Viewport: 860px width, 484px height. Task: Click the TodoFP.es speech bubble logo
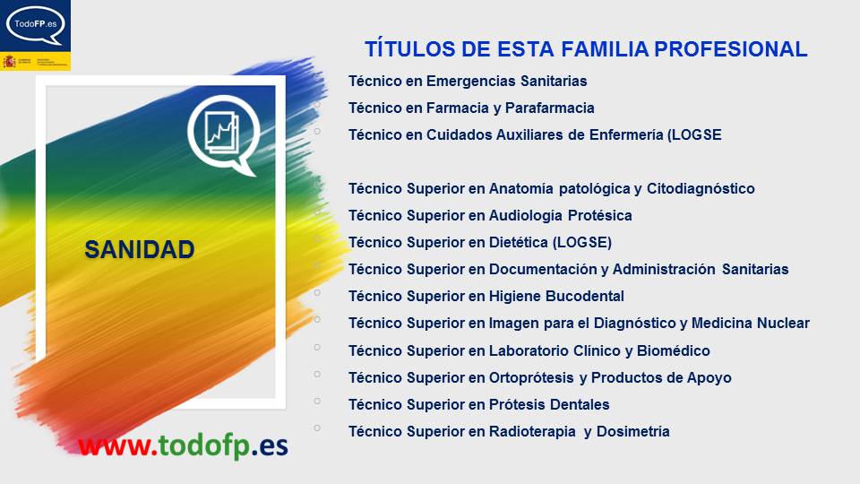[x=36, y=26]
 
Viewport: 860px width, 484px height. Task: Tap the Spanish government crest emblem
[x=10, y=62]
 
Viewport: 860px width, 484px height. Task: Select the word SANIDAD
[x=140, y=250]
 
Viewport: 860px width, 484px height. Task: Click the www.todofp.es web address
[x=183, y=445]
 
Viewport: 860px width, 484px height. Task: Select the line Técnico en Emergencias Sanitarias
[x=468, y=82]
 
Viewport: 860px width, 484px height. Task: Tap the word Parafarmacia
[x=549, y=108]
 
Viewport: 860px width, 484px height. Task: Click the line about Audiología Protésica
[x=490, y=216]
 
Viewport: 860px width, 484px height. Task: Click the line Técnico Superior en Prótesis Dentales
[x=478, y=405]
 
